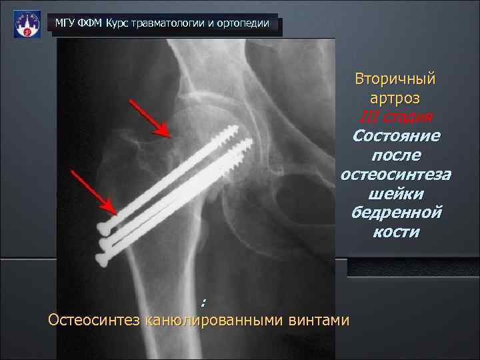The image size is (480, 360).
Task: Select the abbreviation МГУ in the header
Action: [x=65, y=24]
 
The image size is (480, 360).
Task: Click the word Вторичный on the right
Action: [x=395, y=78]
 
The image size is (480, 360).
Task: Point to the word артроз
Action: [x=395, y=98]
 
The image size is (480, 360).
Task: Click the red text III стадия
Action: [x=395, y=117]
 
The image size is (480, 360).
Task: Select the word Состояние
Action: [x=395, y=137]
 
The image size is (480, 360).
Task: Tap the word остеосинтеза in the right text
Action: [x=395, y=175]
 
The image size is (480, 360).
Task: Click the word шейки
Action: [x=395, y=194]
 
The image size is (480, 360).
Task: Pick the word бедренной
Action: [x=395, y=213]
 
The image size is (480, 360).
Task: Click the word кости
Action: [x=395, y=233]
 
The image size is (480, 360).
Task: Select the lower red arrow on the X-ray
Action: [x=95, y=193]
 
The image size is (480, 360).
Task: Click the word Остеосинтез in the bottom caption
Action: [x=93, y=321]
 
